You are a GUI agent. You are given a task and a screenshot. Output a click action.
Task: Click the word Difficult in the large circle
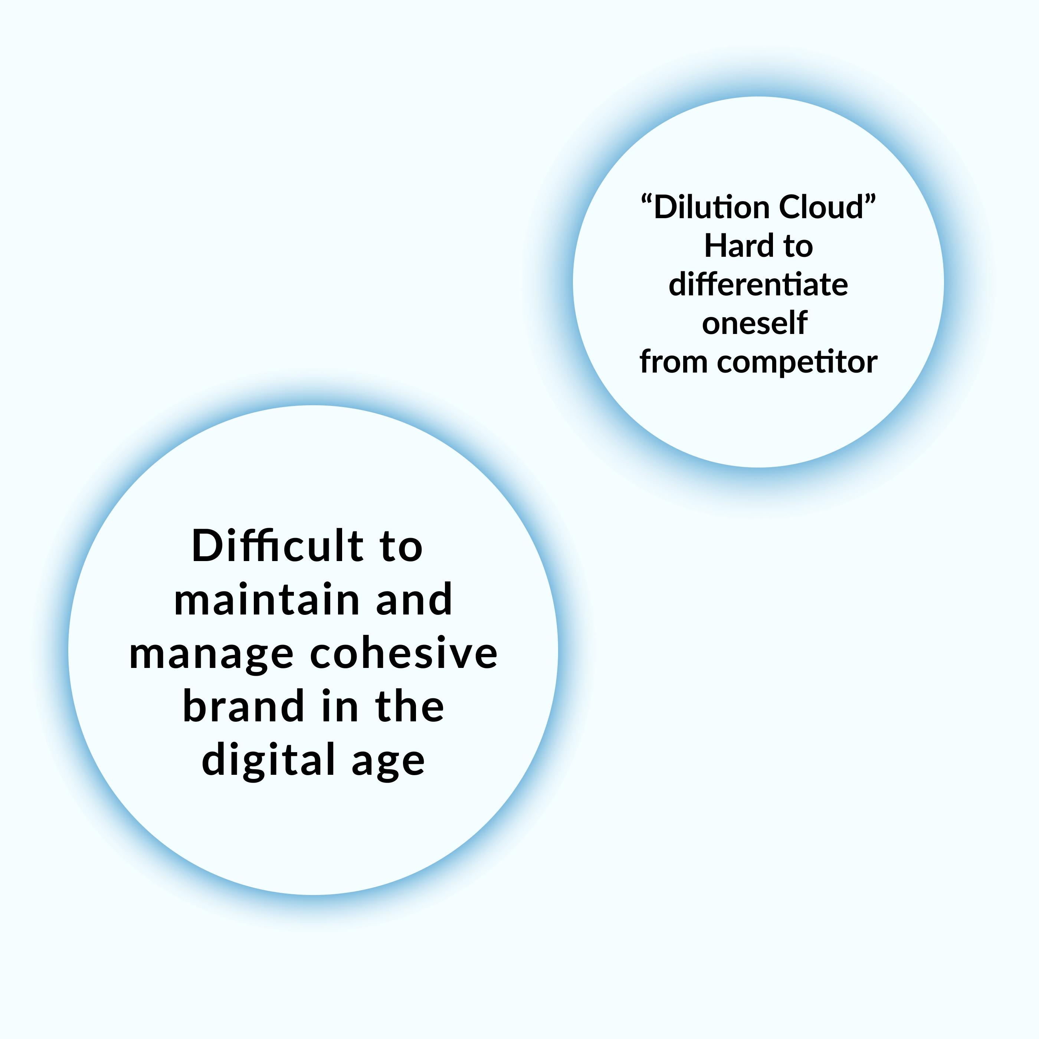[278, 546]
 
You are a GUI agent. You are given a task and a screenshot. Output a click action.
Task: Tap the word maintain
[267, 600]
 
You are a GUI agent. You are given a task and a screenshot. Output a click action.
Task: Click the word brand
[244, 706]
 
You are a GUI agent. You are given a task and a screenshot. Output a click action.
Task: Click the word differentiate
[758, 285]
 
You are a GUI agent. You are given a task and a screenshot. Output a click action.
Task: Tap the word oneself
[754, 323]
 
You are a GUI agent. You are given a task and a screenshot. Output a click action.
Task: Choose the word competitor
[797, 363]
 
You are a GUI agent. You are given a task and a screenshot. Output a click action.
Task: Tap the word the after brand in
[410, 706]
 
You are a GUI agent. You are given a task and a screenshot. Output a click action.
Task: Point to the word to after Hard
[798, 248]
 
